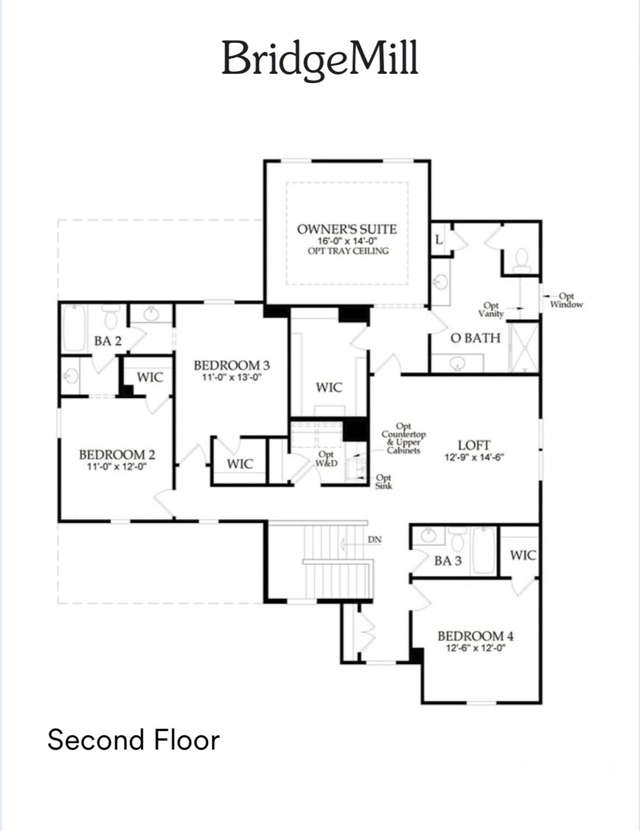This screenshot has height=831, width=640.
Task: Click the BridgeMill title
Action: pyautogui.click(x=320, y=59)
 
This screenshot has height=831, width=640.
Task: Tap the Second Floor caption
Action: pyautogui.click(x=134, y=739)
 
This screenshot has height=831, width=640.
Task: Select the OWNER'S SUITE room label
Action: pyautogui.click(x=347, y=229)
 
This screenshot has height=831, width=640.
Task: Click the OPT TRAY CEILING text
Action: pyautogui.click(x=348, y=251)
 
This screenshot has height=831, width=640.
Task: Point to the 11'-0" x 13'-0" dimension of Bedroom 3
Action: pyautogui.click(x=232, y=377)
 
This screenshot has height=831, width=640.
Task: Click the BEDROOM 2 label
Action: pyautogui.click(x=117, y=454)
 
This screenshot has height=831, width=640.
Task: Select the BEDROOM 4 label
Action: pyautogui.click(x=476, y=636)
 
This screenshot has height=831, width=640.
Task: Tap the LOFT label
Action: pyautogui.click(x=474, y=445)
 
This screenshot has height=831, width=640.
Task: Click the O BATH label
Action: pyautogui.click(x=476, y=338)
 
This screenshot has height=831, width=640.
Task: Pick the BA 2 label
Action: pyautogui.click(x=108, y=341)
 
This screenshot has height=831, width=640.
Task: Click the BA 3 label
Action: pyautogui.click(x=448, y=561)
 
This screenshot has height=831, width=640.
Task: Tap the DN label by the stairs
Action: pyautogui.click(x=375, y=540)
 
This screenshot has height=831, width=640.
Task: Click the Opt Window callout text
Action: pyautogui.click(x=566, y=300)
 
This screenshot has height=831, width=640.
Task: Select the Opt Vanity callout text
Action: pyautogui.click(x=491, y=309)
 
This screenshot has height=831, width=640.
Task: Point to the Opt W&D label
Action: pyautogui.click(x=326, y=459)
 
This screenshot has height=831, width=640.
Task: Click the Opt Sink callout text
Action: pyautogui.click(x=383, y=481)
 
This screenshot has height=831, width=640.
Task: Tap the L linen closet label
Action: pyautogui.click(x=439, y=239)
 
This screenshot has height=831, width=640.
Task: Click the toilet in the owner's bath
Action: pyautogui.click(x=522, y=259)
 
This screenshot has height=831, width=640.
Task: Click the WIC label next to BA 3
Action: pyautogui.click(x=523, y=555)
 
